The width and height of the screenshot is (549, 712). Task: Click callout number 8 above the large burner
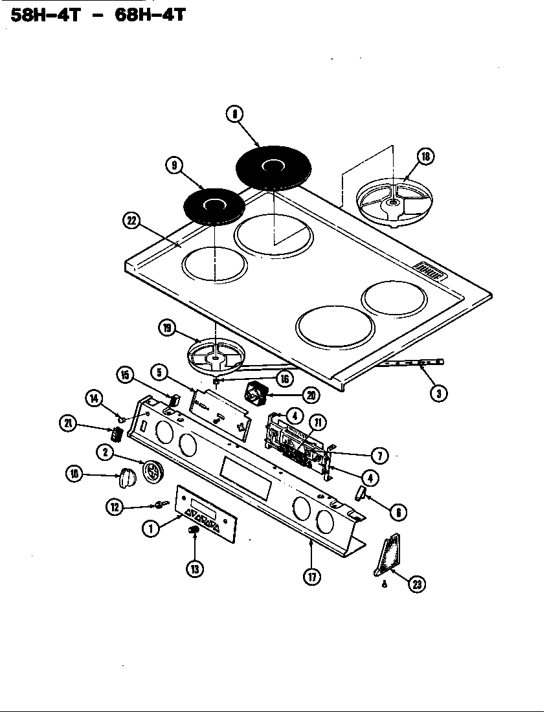click(234, 115)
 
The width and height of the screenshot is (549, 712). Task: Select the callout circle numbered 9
click(174, 166)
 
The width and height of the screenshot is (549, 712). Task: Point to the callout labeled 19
click(168, 329)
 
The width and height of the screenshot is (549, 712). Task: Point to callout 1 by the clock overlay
click(150, 528)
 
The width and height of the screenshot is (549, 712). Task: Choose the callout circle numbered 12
click(115, 507)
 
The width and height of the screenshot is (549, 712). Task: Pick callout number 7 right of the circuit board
click(379, 456)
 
